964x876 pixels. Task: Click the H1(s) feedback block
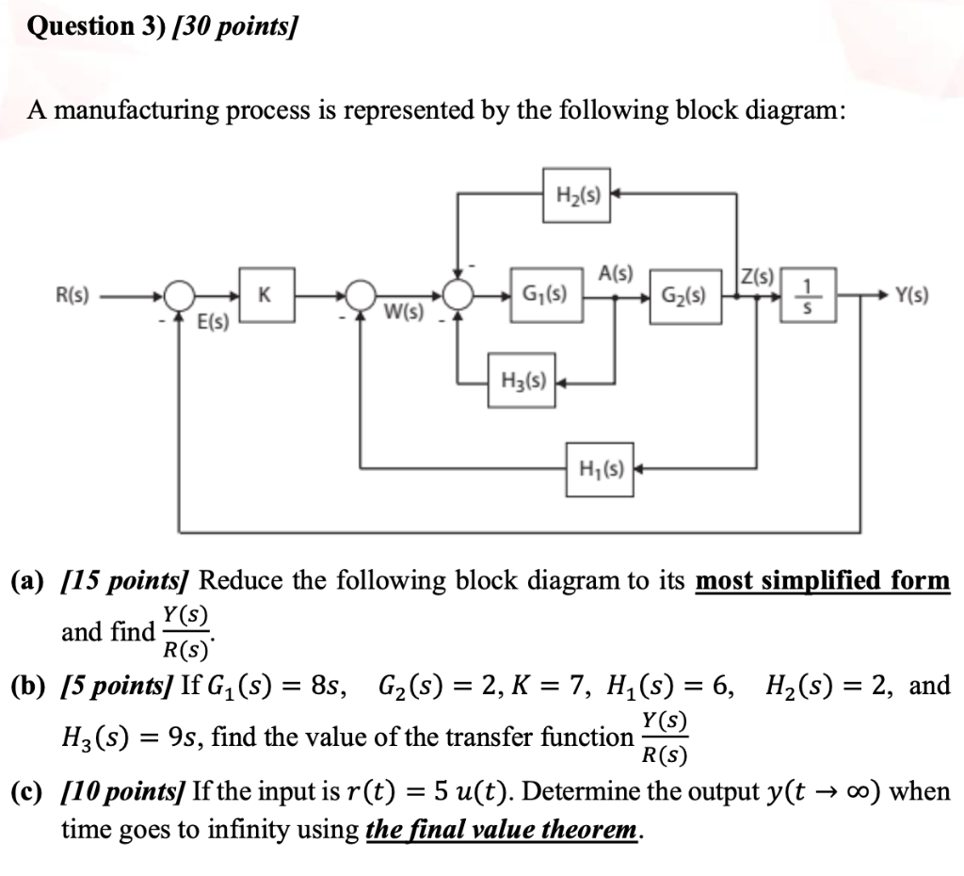pyautogui.click(x=601, y=464)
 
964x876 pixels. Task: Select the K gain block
pyautogui.click(x=267, y=295)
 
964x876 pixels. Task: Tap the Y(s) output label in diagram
pyautogui.click(x=910, y=295)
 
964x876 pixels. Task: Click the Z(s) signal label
pyautogui.click(x=756, y=276)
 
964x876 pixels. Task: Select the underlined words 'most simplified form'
pyautogui.click(x=822, y=580)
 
